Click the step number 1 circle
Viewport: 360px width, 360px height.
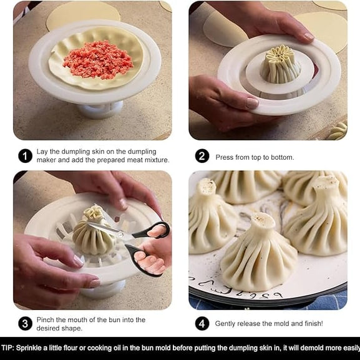[x=25, y=155]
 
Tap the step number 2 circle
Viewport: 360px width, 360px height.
[x=202, y=156]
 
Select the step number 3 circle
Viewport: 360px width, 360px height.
[x=25, y=323]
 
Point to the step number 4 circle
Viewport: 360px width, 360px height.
[x=202, y=323]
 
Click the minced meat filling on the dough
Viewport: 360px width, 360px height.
[x=99, y=59]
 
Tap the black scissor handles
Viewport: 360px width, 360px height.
[x=147, y=249]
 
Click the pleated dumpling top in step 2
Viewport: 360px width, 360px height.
[x=280, y=64]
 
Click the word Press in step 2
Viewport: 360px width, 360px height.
[x=225, y=157]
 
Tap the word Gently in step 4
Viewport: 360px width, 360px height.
[x=227, y=324]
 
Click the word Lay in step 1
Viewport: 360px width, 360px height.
[x=42, y=152]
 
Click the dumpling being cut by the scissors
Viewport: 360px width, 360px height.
[x=94, y=234]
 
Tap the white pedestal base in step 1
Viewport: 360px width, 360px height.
[x=100, y=110]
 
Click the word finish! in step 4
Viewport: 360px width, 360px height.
[x=310, y=324]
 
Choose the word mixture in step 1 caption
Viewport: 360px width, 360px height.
[x=154, y=160]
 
